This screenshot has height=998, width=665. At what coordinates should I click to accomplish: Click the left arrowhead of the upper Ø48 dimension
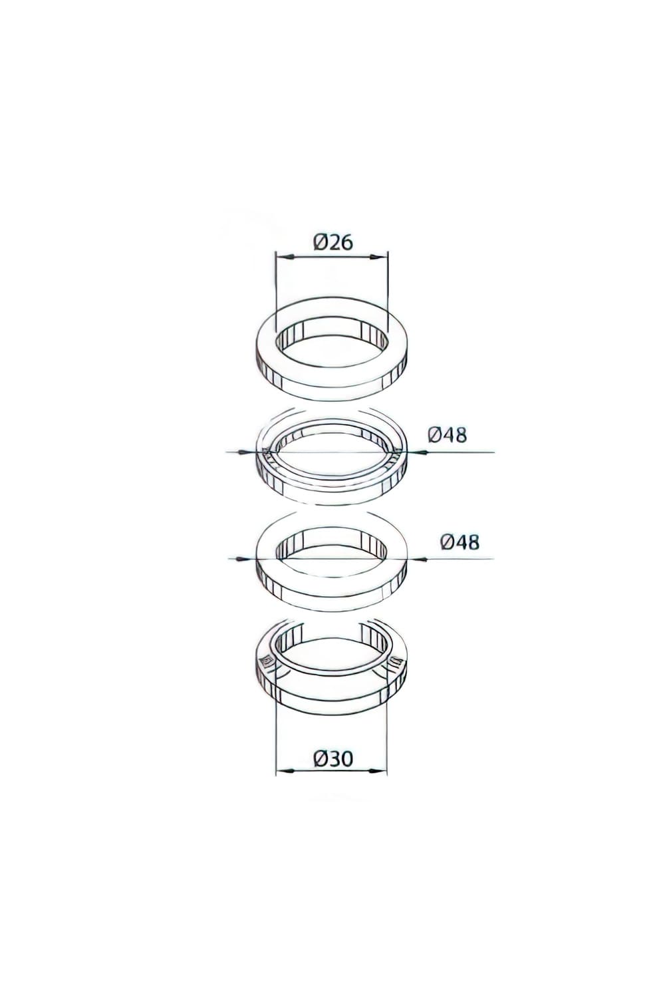251,452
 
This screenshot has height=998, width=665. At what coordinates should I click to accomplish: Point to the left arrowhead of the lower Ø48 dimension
251,559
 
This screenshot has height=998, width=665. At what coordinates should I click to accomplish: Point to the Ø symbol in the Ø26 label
317,242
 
